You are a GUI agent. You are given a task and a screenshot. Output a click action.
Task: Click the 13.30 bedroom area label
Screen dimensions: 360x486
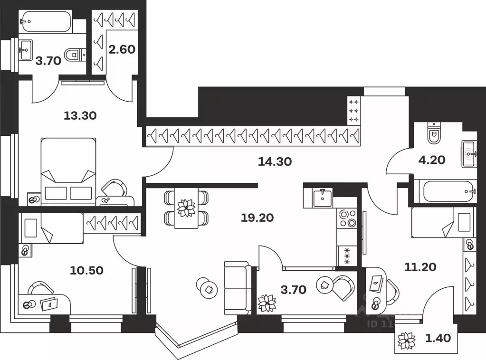[x=80, y=115]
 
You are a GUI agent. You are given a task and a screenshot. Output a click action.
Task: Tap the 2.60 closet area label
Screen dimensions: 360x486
[x=122, y=50]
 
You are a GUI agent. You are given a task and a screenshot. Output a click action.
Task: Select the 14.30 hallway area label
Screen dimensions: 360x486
[x=275, y=161]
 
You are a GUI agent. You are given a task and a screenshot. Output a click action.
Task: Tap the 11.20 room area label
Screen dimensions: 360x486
[x=419, y=267]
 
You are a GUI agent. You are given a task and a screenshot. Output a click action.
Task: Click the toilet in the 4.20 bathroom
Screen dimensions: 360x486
[x=434, y=133]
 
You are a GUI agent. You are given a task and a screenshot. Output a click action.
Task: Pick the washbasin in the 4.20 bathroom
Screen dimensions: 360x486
[x=469, y=153]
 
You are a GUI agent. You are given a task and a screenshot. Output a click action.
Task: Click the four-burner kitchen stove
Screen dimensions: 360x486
[x=346, y=218]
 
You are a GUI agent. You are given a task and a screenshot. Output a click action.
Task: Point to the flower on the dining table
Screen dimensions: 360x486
[x=186, y=208]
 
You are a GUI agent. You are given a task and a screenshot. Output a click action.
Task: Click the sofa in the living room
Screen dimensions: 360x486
[x=238, y=287]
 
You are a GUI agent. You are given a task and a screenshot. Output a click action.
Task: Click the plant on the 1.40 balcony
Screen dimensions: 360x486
[x=407, y=340]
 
